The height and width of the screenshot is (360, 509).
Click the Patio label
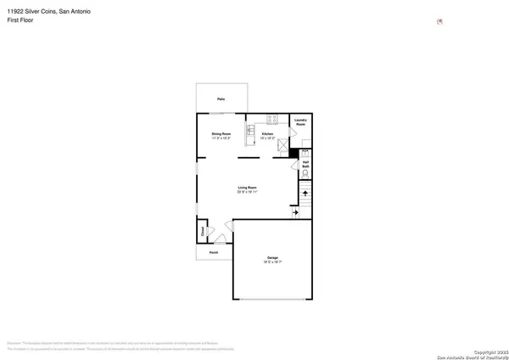(x=221, y=100)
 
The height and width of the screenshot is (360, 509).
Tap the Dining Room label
(x=221, y=133)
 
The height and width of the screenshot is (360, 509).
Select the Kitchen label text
(x=267, y=133)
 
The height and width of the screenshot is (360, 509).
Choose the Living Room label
(x=247, y=187)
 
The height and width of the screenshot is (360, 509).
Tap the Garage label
(x=272, y=257)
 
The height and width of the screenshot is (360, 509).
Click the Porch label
(x=215, y=251)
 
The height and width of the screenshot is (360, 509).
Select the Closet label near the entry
(x=203, y=230)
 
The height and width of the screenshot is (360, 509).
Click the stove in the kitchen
(x=273, y=118)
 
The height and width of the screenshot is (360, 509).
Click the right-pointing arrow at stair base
(x=295, y=213)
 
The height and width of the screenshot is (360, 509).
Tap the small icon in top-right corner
(x=439, y=21)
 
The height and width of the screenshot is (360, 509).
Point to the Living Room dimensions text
(x=247, y=192)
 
